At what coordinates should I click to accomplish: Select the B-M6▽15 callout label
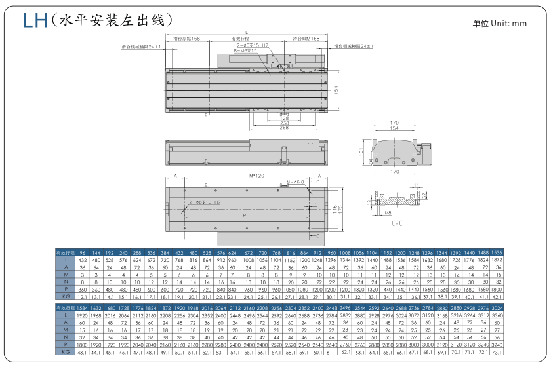[x=243, y=50]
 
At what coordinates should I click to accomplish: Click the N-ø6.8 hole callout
[x=296, y=182]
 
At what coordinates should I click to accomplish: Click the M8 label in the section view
[x=389, y=212]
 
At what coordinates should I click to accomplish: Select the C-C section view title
[x=397, y=223]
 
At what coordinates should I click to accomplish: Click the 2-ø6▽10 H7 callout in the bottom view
[x=204, y=202]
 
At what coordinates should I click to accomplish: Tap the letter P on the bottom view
[x=244, y=214]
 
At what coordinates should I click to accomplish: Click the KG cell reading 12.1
[x=83, y=297]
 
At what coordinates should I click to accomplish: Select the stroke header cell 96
[x=83, y=252]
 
